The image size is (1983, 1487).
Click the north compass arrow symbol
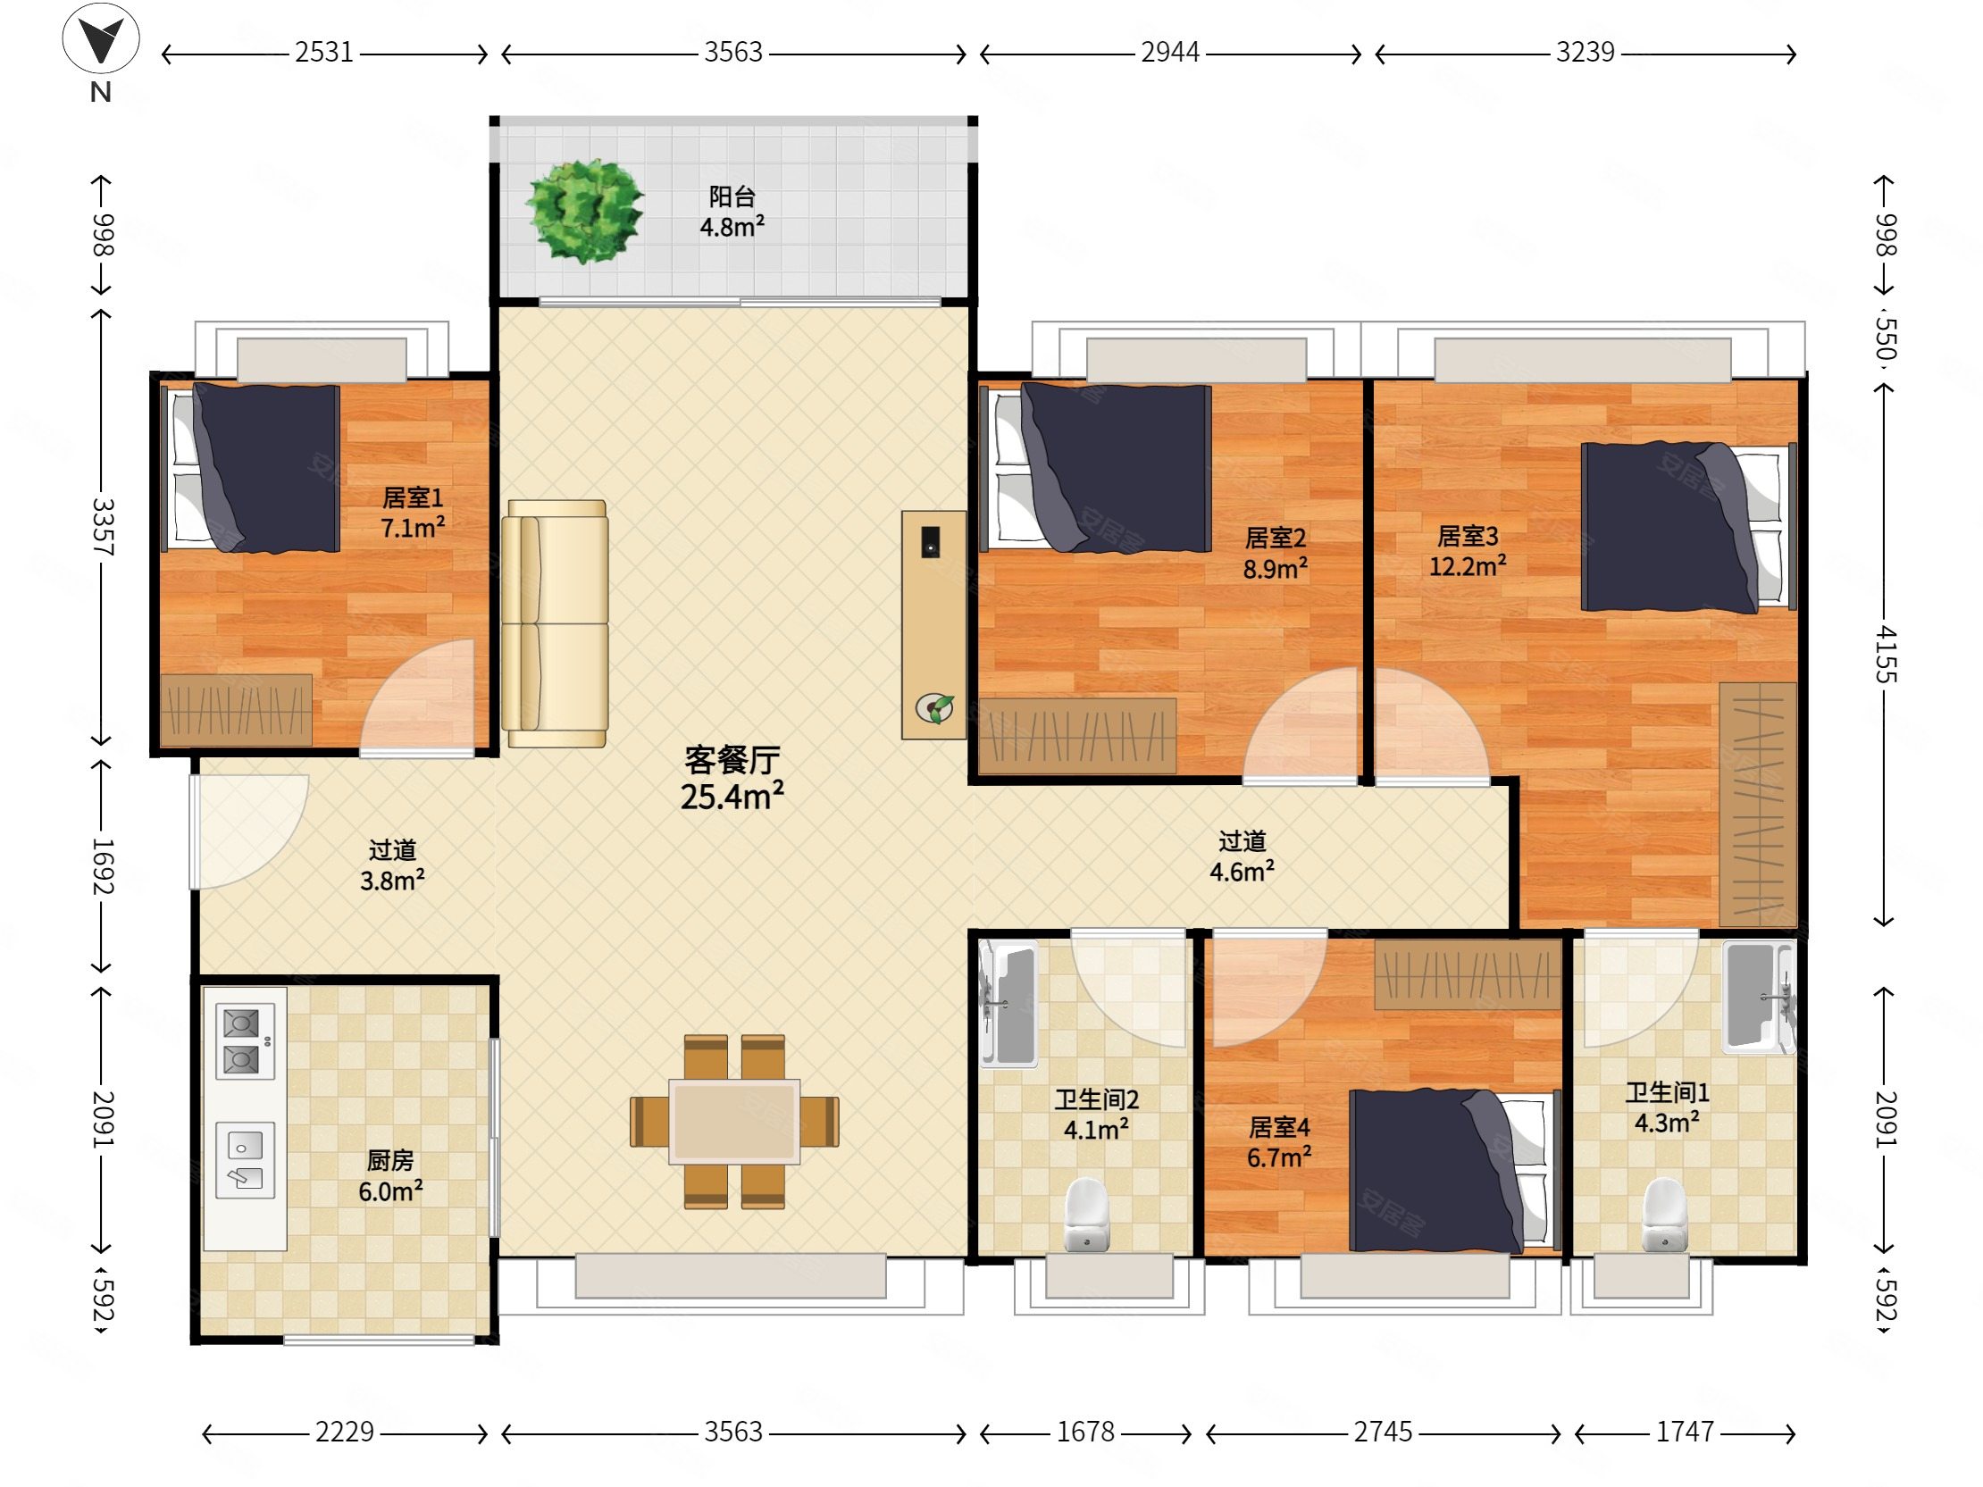point(100,38)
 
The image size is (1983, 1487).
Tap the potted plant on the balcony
point(584,211)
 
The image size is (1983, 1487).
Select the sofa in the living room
point(555,623)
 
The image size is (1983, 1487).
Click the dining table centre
point(734,1122)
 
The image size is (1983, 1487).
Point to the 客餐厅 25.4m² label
point(732,778)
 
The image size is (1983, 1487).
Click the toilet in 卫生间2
point(1086,1215)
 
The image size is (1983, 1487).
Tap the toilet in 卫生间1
point(1665,1215)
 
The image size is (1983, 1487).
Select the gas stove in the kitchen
point(244,1042)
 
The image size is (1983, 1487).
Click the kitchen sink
point(245,1161)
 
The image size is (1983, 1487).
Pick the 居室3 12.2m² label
point(1468,551)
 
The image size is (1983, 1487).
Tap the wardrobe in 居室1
point(237,710)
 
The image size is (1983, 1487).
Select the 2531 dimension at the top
point(324,52)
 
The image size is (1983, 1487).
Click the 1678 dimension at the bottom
point(1085,1433)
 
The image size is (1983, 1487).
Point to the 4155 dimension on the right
point(1885,656)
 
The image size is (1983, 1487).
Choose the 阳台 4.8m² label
point(732,212)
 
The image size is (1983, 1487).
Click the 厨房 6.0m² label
point(390,1176)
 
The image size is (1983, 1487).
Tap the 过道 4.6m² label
point(1242,856)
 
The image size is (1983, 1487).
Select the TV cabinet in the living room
point(934,625)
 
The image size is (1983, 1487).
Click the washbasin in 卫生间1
point(1758,995)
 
